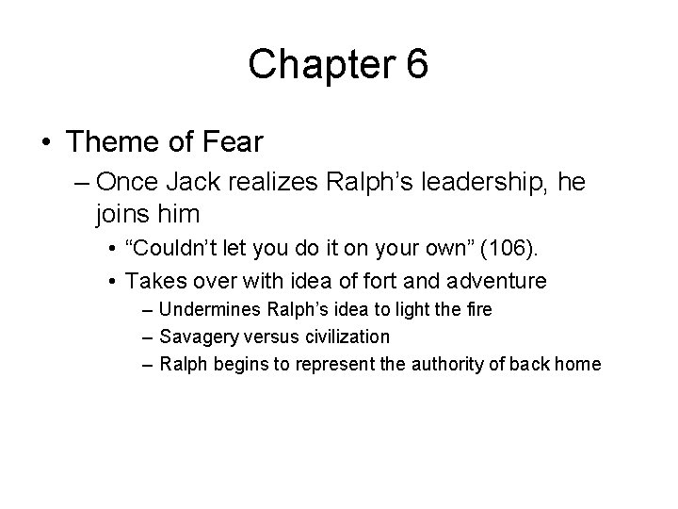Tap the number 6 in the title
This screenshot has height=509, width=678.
[x=416, y=65]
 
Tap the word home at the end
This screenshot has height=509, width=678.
[x=577, y=363]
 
